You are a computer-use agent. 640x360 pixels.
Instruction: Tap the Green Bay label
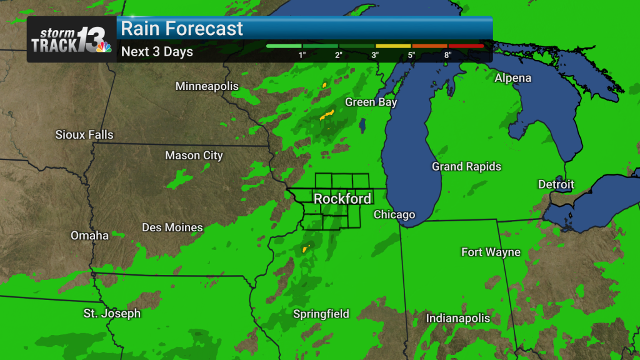(371, 102)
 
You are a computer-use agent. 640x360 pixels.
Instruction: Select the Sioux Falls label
(84, 134)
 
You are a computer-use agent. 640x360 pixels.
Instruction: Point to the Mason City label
(194, 156)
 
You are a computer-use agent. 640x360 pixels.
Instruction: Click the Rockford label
(342, 199)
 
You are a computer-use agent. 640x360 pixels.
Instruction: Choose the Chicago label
(394, 214)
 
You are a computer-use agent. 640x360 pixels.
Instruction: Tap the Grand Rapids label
(466, 167)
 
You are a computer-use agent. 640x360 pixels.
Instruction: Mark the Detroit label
(556, 184)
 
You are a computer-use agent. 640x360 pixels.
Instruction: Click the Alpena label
(512, 78)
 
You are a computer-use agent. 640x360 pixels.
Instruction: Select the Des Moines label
(172, 227)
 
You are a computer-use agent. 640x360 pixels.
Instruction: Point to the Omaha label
(89, 236)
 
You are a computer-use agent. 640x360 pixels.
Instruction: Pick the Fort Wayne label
(491, 252)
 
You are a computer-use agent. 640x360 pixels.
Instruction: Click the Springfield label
(321, 314)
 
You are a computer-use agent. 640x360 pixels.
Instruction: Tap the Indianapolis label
(458, 319)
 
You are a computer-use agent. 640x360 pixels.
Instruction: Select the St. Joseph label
(112, 313)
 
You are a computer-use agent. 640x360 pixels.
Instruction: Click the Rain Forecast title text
(182, 29)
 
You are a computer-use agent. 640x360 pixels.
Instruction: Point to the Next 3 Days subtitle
(157, 52)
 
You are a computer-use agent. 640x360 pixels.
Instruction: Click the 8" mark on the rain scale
(447, 55)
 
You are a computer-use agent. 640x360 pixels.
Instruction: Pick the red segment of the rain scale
(465, 46)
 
